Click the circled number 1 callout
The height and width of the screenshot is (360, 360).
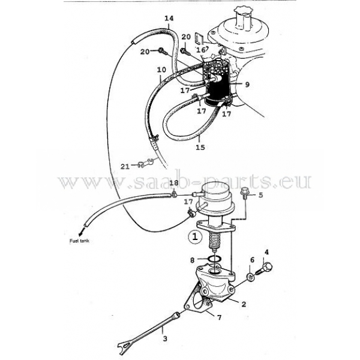coord(194,236)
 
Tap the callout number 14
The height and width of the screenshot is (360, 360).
coord(169,19)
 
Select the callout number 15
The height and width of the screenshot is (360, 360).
coord(200,147)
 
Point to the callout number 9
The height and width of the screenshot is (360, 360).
coord(247,85)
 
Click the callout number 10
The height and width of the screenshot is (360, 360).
coord(161,70)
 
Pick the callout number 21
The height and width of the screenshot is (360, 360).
coord(125,166)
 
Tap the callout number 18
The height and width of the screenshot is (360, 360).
coord(174,183)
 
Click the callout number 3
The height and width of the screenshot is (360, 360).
coord(165,338)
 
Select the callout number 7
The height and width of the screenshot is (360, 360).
coord(219,317)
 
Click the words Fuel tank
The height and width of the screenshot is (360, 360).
coord(79,241)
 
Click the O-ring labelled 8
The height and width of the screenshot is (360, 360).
coord(214,259)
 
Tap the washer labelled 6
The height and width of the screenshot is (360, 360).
coord(251,277)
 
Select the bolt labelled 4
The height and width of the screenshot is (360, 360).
coord(264,269)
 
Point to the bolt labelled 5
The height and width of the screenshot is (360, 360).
coord(245,194)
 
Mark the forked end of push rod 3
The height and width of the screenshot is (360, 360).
coord(126,346)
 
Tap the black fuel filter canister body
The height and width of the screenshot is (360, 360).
coord(218,88)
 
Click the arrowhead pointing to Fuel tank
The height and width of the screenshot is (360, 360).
coord(80,233)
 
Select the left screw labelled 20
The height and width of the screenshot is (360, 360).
coord(162,51)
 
